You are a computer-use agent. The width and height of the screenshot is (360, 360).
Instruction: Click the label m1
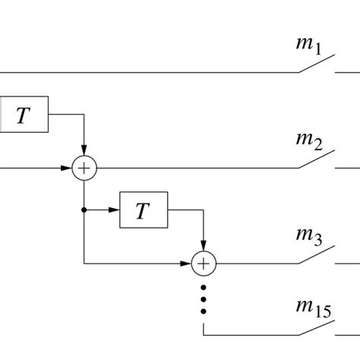[308, 46]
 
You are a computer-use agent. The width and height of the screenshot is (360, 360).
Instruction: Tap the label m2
[308, 140]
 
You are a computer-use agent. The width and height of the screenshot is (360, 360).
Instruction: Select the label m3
[308, 236]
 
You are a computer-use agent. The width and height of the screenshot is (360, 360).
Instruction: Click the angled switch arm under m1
[316, 65]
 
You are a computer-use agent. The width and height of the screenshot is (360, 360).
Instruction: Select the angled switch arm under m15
[316, 327]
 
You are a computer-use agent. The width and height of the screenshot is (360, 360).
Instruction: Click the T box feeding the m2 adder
[24, 114]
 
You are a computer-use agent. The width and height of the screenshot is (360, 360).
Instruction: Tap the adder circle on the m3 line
[203, 264]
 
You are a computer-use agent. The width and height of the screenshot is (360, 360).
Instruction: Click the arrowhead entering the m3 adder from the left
[188, 264]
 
